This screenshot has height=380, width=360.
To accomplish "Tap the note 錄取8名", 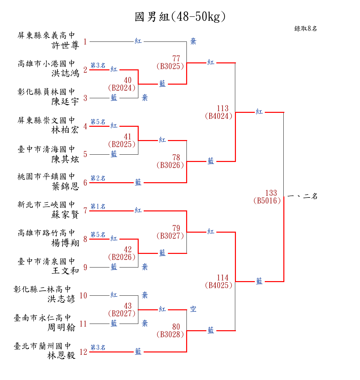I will tap(306, 29).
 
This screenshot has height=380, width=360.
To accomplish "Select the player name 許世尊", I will tap(65, 45).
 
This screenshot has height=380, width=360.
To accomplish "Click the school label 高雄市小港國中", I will tap(46, 64).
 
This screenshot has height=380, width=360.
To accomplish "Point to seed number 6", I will tap(85, 183).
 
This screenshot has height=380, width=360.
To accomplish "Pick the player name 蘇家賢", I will tap(65, 215).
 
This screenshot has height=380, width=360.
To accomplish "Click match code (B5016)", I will tap(267, 201).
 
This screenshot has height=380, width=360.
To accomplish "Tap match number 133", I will tap(271, 193).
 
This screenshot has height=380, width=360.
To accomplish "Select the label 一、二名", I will tap(303, 196).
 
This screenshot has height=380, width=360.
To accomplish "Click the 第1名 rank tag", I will tap(98, 207).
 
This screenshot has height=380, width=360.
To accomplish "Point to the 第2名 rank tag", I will tap(98, 179).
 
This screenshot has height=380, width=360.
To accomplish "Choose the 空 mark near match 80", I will tap(193, 309).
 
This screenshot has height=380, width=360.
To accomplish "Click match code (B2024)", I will tap(122, 88).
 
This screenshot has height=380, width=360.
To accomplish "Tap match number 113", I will tap(223, 109).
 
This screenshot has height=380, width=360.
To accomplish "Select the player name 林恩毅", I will tap(61, 356).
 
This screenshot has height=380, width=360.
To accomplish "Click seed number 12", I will tap(83, 352).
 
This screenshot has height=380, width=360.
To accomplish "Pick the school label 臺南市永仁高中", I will tap(42, 318).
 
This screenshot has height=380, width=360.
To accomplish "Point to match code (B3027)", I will tap(170, 236).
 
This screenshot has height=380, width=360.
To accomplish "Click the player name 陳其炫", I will tap(65, 160).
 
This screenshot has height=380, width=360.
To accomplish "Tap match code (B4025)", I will tap(219, 285).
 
